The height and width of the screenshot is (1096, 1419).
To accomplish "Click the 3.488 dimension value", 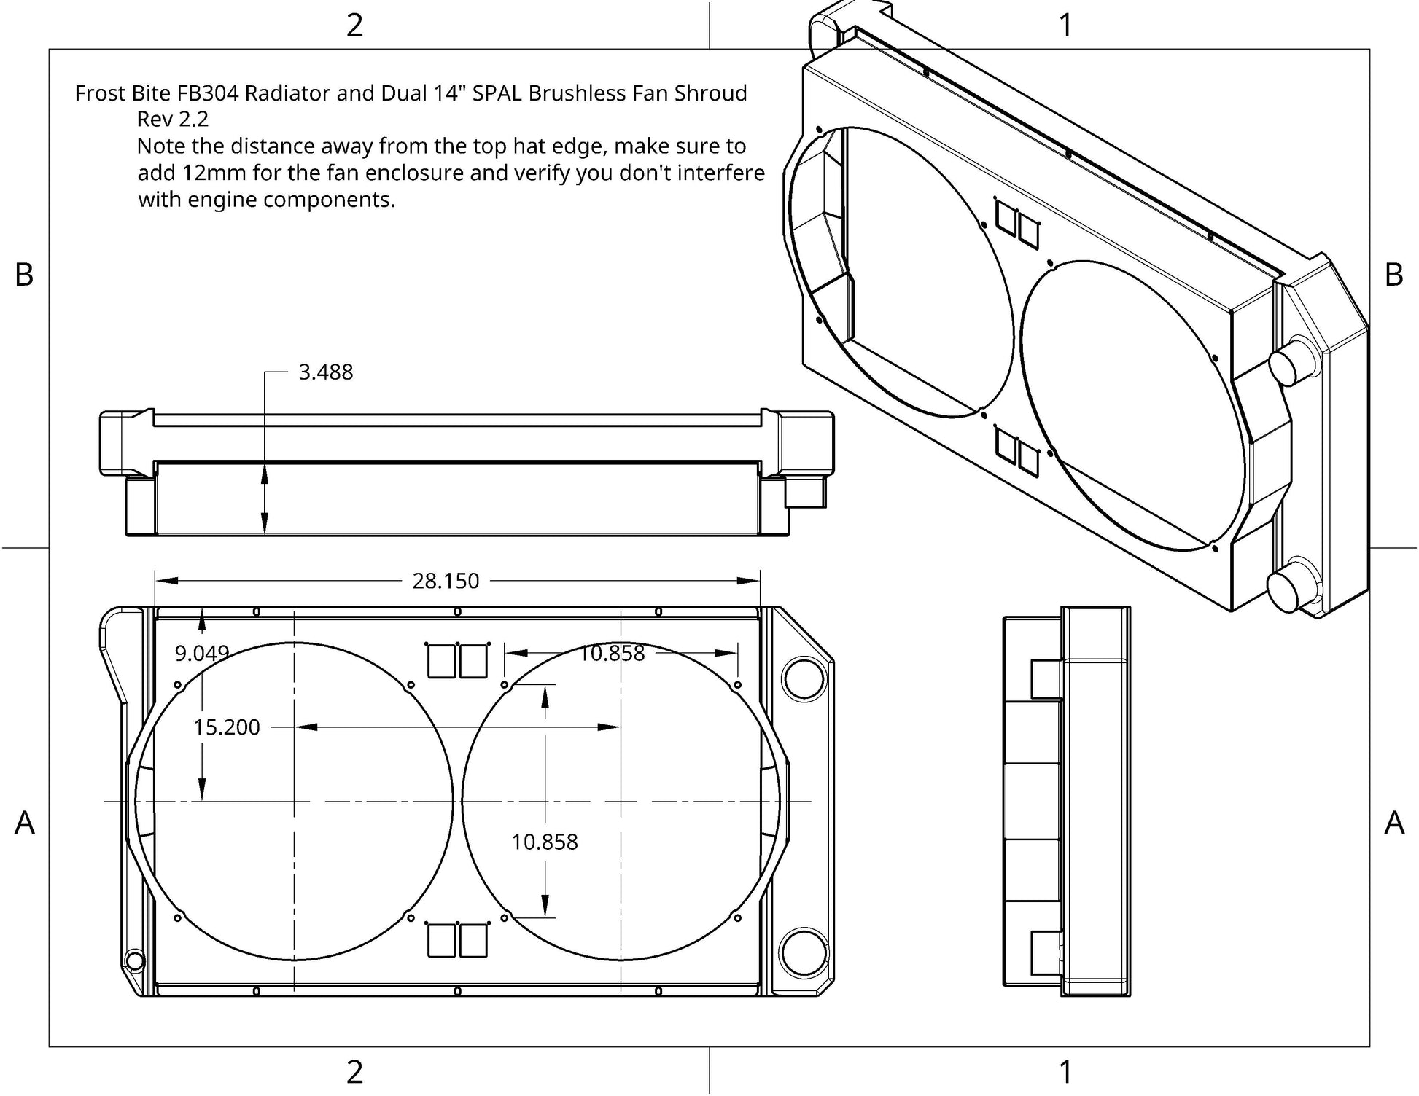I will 325,372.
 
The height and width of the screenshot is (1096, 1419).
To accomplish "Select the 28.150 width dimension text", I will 446,581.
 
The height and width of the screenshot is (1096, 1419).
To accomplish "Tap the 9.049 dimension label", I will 202,653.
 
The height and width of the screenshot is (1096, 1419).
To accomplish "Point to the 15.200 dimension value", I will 227,727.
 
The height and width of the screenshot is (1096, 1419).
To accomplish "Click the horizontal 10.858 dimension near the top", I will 612,654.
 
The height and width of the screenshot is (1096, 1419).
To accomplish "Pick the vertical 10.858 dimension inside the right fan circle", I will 544,842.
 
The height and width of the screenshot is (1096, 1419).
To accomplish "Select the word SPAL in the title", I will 498,93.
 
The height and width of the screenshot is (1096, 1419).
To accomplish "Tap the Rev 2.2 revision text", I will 172,119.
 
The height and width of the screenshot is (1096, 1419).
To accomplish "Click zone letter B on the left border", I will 24,275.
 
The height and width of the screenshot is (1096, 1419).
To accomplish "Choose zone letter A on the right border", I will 1393,823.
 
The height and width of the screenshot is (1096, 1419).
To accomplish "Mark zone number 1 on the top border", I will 1065,26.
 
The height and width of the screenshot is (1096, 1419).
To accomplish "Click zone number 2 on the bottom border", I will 354,1072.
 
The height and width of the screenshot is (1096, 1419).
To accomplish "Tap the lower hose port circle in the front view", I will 803,952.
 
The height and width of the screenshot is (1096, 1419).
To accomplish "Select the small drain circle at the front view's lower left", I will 134,960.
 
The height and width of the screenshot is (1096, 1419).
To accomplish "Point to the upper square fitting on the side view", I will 1046,678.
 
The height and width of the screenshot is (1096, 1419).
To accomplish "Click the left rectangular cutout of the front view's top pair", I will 440,661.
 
